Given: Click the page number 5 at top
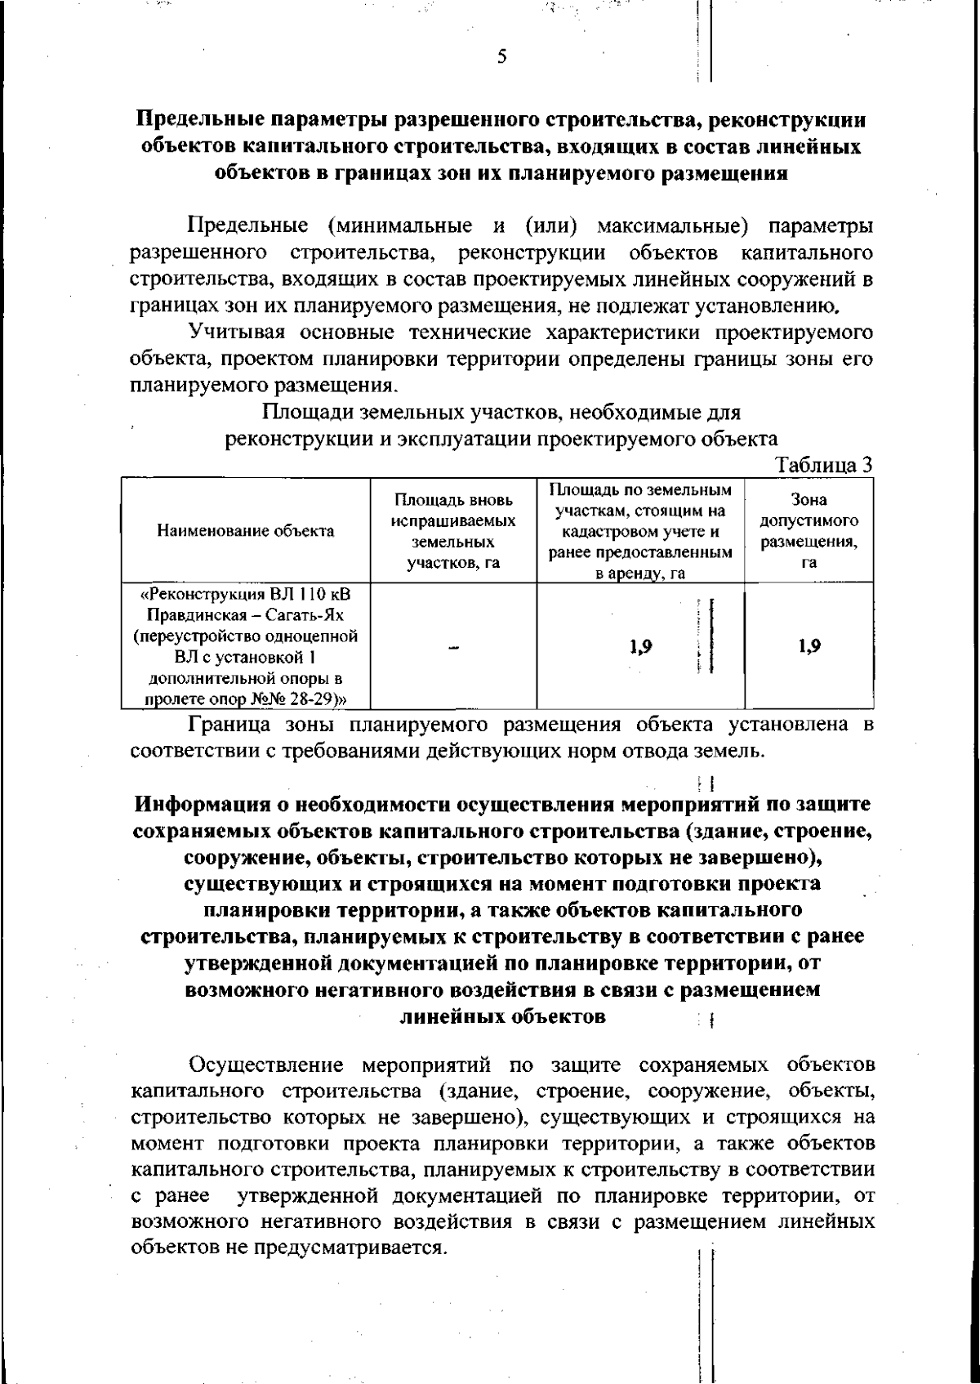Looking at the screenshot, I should tap(501, 56).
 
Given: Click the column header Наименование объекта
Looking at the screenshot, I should tap(246, 530).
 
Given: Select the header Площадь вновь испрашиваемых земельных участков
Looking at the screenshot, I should tap(453, 530).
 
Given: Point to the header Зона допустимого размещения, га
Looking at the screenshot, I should tap(808, 530).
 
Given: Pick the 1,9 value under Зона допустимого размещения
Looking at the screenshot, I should tap(809, 646).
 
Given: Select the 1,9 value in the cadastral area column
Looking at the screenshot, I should tap(641, 647).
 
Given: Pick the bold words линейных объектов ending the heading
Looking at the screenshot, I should tap(502, 1016).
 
